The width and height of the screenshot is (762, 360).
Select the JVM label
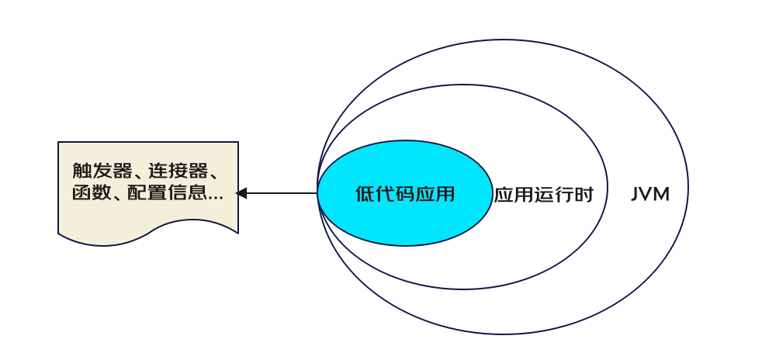(x=649, y=194)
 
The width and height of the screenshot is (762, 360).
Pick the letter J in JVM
(x=635, y=194)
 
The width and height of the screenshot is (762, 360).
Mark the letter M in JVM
(x=660, y=194)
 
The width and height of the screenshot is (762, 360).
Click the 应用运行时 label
(x=543, y=195)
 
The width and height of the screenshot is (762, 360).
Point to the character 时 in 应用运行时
(x=584, y=195)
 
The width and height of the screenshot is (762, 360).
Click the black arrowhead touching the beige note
(x=241, y=193)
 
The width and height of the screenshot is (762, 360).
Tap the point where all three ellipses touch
(x=317, y=193)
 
